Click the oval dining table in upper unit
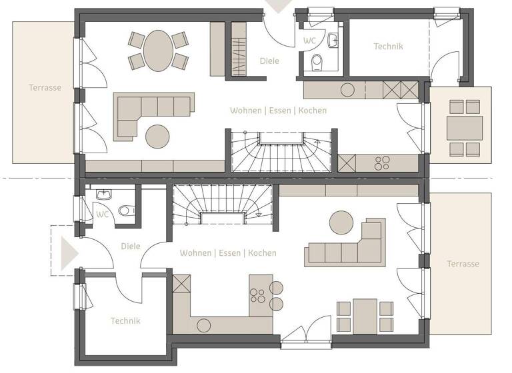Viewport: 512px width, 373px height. point(158,50)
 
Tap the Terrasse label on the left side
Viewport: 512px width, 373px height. point(45,87)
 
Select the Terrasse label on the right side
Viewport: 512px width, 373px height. point(463,264)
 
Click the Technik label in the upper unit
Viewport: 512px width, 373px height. point(388,47)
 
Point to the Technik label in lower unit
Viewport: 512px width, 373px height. point(125,320)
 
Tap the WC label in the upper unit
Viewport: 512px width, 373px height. point(309,41)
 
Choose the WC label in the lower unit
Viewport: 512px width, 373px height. point(102,214)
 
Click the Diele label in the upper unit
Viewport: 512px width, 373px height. point(269,61)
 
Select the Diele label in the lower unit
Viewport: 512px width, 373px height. point(131,246)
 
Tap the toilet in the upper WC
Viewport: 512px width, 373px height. point(319,62)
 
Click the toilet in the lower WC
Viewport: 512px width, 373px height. point(124,211)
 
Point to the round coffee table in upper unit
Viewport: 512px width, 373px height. point(158,136)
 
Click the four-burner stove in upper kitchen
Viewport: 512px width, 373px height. point(383,163)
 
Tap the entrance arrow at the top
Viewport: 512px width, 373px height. point(278,6)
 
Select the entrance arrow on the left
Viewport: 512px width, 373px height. point(69,254)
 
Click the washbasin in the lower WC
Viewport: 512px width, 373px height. point(103,195)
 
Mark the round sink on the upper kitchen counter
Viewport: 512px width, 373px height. point(347,89)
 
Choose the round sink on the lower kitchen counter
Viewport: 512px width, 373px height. point(203,325)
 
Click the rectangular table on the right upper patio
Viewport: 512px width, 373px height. point(464,127)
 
